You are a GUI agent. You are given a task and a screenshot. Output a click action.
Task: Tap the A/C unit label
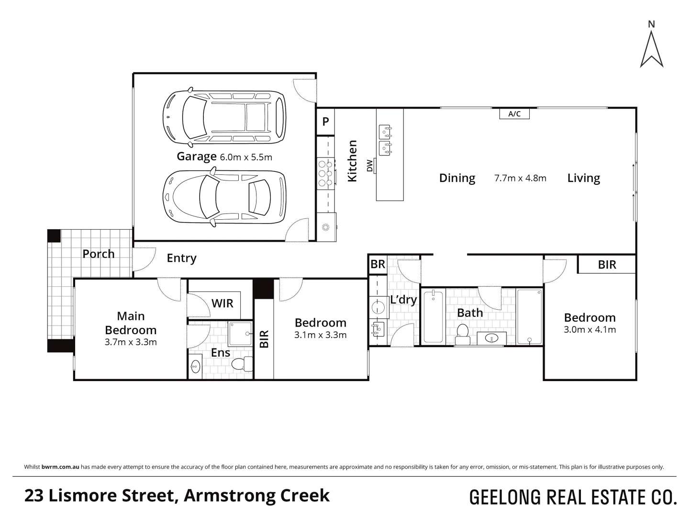pos(514,113)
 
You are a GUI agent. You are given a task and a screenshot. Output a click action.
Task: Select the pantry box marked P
pos(325,122)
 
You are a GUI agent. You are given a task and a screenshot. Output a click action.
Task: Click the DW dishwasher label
pos(369,166)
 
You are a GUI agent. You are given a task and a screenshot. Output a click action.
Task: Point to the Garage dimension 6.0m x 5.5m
pos(246,157)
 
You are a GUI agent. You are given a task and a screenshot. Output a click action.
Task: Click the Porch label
pos(98,254)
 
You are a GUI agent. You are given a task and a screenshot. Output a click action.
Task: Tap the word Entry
pos(181,258)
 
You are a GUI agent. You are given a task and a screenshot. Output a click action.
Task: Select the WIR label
pos(222,303)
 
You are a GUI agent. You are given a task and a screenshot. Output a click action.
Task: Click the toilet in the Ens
pos(242,364)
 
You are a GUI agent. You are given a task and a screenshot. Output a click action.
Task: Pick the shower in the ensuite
pos(241,333)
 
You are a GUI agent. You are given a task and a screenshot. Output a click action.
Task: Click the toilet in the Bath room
pos(462,335)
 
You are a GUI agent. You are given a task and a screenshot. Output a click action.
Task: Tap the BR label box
pos(378,264)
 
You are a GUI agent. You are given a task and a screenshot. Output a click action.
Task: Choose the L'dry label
pos(403,300)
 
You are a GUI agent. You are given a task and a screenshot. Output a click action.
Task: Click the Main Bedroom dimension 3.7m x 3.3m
pos(131,342)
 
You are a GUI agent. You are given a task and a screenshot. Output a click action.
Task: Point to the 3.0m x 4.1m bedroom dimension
pos(589,330)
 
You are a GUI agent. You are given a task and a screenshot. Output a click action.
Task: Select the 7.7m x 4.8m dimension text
pos(520,178)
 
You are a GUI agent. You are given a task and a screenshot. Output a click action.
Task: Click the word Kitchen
pos(352,161)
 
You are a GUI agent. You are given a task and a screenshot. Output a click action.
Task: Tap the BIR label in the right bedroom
pos(607,265)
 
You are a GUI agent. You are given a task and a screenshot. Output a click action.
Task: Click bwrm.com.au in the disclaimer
pos(60,467)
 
